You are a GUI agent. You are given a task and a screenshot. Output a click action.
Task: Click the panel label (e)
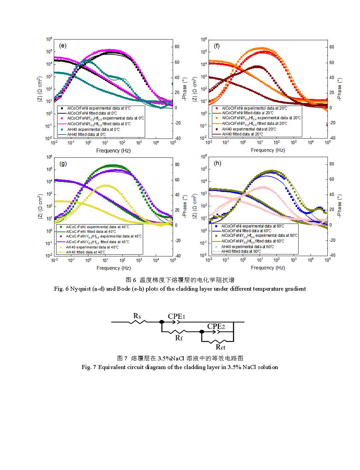[62, 46]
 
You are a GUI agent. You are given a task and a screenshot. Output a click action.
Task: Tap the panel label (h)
[218, 163]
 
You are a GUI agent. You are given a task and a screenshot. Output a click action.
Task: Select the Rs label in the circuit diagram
[137, 316]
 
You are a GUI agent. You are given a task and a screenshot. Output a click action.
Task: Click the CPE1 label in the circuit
[176, 316]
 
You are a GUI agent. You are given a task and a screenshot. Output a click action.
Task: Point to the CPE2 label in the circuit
[216, 326]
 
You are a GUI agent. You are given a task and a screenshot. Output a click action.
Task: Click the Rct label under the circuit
[221, 347]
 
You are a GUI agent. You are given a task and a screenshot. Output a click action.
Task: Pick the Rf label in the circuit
[179, 338]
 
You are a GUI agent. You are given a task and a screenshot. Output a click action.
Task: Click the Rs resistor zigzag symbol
[137, 322]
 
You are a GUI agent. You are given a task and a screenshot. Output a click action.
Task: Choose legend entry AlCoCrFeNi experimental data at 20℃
[254, 108]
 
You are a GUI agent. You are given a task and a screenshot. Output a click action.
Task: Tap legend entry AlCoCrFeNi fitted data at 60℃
[246, 231]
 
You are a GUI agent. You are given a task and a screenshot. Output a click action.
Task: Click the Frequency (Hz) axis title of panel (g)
[114, 268]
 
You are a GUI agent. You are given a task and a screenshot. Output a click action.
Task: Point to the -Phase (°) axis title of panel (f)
[339, 89]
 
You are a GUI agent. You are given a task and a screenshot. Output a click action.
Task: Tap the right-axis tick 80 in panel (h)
[331, 164]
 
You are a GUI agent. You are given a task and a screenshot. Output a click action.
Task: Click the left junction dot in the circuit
[162, 322]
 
